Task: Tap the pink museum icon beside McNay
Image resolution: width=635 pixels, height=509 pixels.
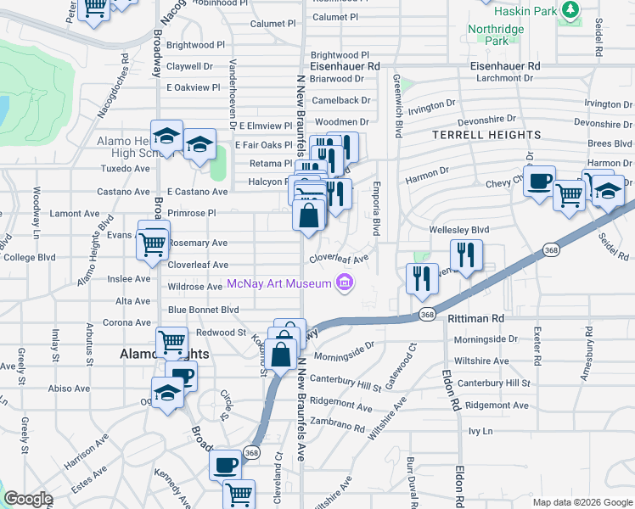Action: pos(345,282)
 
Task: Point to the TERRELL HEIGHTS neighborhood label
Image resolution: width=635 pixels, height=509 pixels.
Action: pos(486,135)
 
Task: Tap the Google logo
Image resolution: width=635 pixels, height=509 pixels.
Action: pos(28,500)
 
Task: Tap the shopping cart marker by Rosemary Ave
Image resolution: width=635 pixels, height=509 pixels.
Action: pos(153,243)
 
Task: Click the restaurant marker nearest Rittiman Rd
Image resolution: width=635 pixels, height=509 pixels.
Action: pos(422,278)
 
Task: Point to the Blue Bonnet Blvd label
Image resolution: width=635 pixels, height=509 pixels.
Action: pos(203,310)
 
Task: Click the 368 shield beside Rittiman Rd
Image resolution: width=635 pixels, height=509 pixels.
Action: pos(428,314)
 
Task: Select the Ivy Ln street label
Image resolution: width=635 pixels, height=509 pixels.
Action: pos(480,431)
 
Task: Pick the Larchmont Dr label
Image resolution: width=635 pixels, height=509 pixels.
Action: pos(503,77)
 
